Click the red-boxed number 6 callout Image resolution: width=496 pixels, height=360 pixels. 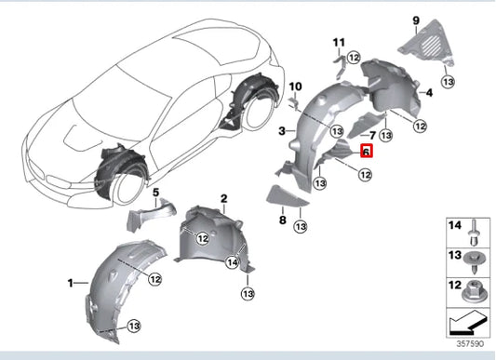click(367, 151)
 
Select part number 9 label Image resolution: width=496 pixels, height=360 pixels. click(416, 20)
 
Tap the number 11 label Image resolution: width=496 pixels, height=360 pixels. click(339, 43)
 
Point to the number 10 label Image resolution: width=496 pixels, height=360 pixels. click(295, 87)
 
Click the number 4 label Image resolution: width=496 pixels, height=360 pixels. click(429, 93)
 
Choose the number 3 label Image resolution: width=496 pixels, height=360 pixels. click(282, 130)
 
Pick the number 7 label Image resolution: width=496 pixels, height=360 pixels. click(372, 136)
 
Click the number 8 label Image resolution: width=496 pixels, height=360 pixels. click(283, 220)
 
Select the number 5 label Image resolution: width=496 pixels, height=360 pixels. click(156, 192)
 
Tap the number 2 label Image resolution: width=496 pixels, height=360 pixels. click(224, 199)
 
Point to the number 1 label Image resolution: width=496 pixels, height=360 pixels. click(70, 283)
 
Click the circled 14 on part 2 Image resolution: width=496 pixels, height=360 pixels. click(233, 262)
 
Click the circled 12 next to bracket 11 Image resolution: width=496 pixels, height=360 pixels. click(354, 58)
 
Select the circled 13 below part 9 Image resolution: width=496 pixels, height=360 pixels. click(449, 82)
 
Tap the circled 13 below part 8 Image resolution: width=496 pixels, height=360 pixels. click(301, 226)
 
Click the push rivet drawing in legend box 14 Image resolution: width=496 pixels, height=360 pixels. click(474, 233)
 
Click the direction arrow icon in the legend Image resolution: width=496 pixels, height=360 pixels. click(467, 323)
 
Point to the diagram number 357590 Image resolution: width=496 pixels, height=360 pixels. click(470, 343)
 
